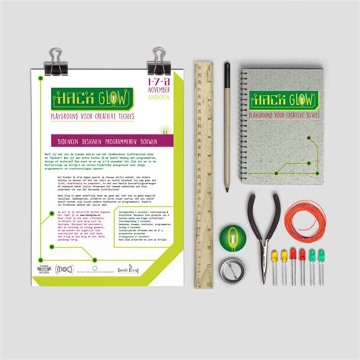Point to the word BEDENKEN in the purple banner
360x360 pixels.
click(x=68, y=141)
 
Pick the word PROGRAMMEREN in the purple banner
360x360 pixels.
click(x=124, y=141)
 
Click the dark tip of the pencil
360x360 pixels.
click(x=226, y=69)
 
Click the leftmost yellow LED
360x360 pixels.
click(x=274, y=256)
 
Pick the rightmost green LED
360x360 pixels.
click(x=321, y=255)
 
